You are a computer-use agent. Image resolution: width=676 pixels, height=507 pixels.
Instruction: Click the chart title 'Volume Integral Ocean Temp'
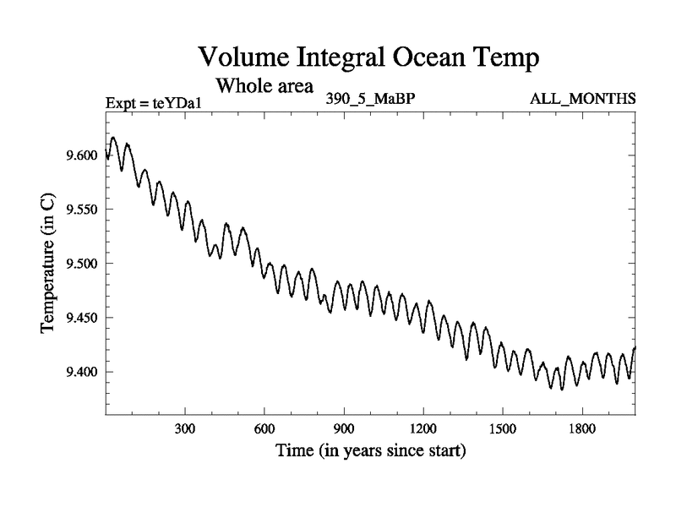coord(368,57)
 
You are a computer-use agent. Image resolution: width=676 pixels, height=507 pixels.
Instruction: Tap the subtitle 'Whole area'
coord(265,85)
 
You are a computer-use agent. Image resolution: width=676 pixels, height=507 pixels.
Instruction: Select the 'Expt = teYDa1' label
coord(155,103)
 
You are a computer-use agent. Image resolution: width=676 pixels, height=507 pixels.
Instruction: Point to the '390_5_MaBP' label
coord(370,98)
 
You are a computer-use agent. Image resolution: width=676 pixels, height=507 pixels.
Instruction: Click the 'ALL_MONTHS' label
coord(582,98)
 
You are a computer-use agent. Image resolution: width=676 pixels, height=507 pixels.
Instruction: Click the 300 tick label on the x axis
coord(185,429)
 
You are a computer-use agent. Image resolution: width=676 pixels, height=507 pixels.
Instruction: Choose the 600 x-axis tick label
coord(264,429)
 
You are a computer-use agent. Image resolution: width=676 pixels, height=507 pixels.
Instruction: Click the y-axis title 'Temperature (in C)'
coord(48,263)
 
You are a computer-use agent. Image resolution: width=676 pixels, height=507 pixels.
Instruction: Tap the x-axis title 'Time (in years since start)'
coord(370,451)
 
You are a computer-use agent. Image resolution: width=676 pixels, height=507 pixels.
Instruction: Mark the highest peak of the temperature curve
coord(113,137)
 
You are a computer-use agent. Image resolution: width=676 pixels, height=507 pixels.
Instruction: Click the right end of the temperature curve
coord(635,347)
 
